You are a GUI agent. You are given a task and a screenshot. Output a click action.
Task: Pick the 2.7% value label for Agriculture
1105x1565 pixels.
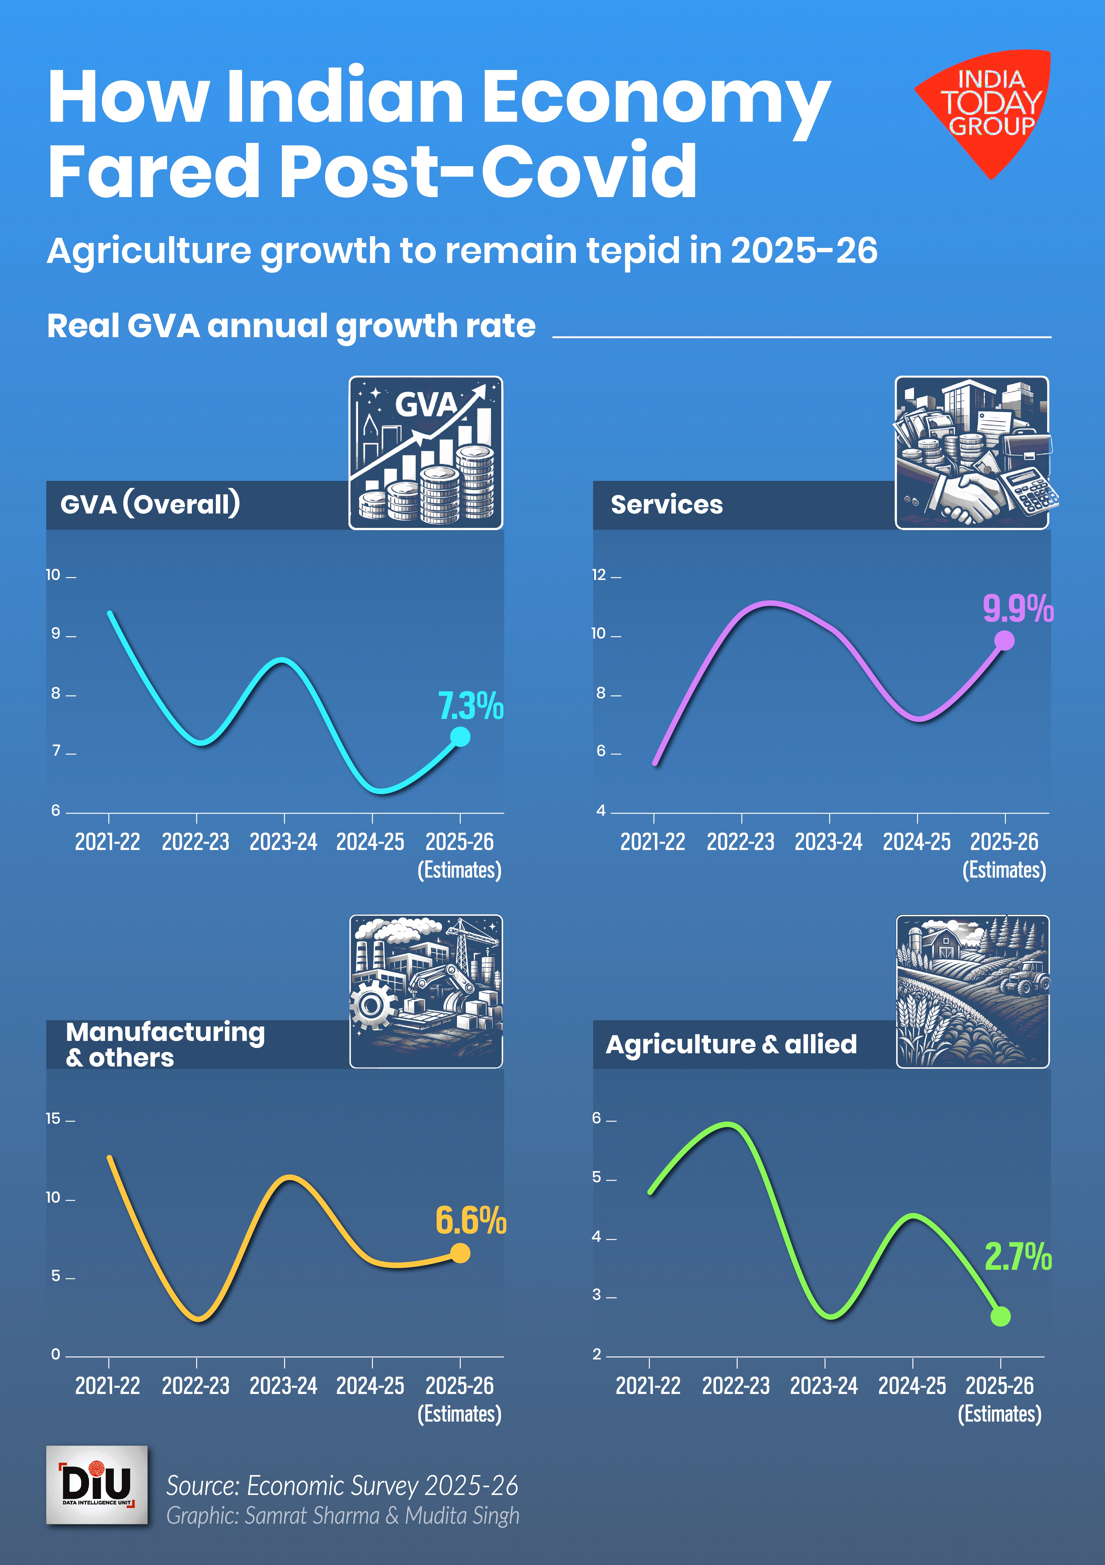(1018, 1256)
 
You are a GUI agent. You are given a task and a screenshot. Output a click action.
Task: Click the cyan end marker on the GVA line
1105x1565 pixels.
(460, 737)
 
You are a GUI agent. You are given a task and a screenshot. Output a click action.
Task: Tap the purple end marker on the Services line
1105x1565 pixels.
(1004, 641)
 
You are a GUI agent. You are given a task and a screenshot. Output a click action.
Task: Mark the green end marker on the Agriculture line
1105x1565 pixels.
(1000, 1316)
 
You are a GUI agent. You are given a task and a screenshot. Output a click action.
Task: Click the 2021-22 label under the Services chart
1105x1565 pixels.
(652, 842)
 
